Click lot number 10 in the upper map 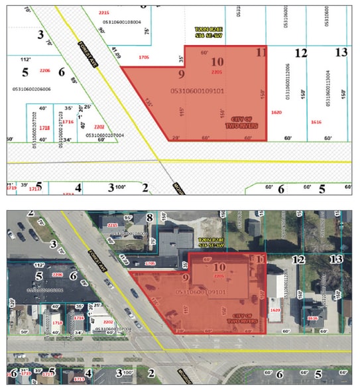pos(218,62)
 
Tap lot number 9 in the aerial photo pos(184,278)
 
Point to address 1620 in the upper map pos(295,113)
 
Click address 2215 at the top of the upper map pos(103,13)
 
